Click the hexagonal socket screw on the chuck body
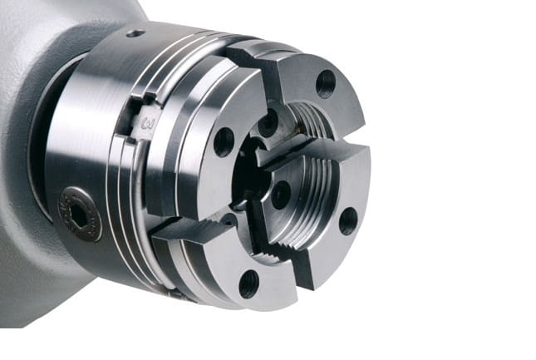point(81,215)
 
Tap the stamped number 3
point(149,124)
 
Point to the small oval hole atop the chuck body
point(135,33)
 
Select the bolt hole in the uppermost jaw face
point(326,85)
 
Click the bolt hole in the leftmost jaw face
point(224,142)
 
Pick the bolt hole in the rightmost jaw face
point(348,221)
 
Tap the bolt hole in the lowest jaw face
point(248,284)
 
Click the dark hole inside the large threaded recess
point(282,195)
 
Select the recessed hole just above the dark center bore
point(268,123)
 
